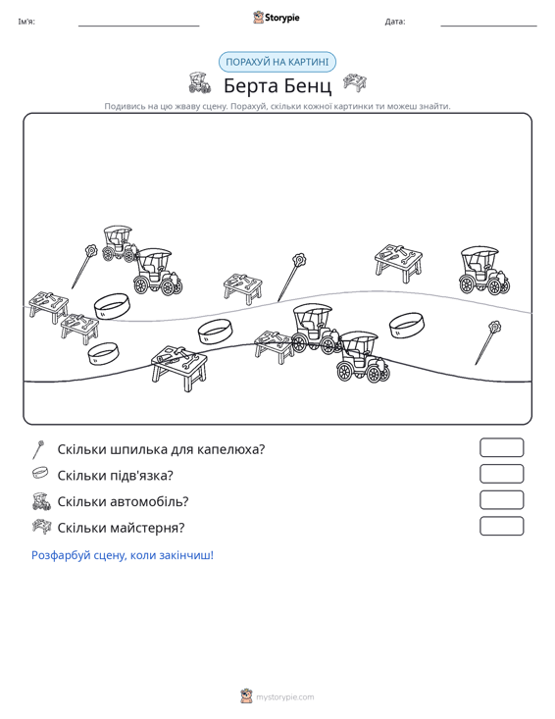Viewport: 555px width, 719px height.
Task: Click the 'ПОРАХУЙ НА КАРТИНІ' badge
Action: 277,62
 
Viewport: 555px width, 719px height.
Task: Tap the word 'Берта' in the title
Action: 250,85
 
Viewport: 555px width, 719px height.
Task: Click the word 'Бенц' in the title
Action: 307,85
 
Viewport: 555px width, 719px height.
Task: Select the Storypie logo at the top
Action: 277,18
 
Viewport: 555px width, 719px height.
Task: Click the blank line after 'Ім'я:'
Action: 139,26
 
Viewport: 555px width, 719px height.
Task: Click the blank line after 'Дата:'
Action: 488,26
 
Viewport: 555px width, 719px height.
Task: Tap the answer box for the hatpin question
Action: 501,447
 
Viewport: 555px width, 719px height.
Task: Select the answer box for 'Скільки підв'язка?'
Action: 501,474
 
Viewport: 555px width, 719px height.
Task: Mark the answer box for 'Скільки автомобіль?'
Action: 501,500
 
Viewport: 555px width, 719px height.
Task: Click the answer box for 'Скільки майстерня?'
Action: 501,526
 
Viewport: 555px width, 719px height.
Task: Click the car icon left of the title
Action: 199,83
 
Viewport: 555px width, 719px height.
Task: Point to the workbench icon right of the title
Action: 355,82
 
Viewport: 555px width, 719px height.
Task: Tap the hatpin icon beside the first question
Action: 38,449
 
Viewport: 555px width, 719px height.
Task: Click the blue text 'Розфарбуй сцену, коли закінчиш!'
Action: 123,555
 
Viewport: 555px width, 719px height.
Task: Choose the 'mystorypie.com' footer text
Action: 284,697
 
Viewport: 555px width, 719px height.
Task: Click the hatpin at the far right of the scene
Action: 487,342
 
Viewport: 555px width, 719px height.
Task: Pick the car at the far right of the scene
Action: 484,271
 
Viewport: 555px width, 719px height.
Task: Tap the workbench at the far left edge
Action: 48,306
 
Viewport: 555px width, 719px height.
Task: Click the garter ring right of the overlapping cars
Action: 407,326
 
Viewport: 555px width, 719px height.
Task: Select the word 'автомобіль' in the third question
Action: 147,501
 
